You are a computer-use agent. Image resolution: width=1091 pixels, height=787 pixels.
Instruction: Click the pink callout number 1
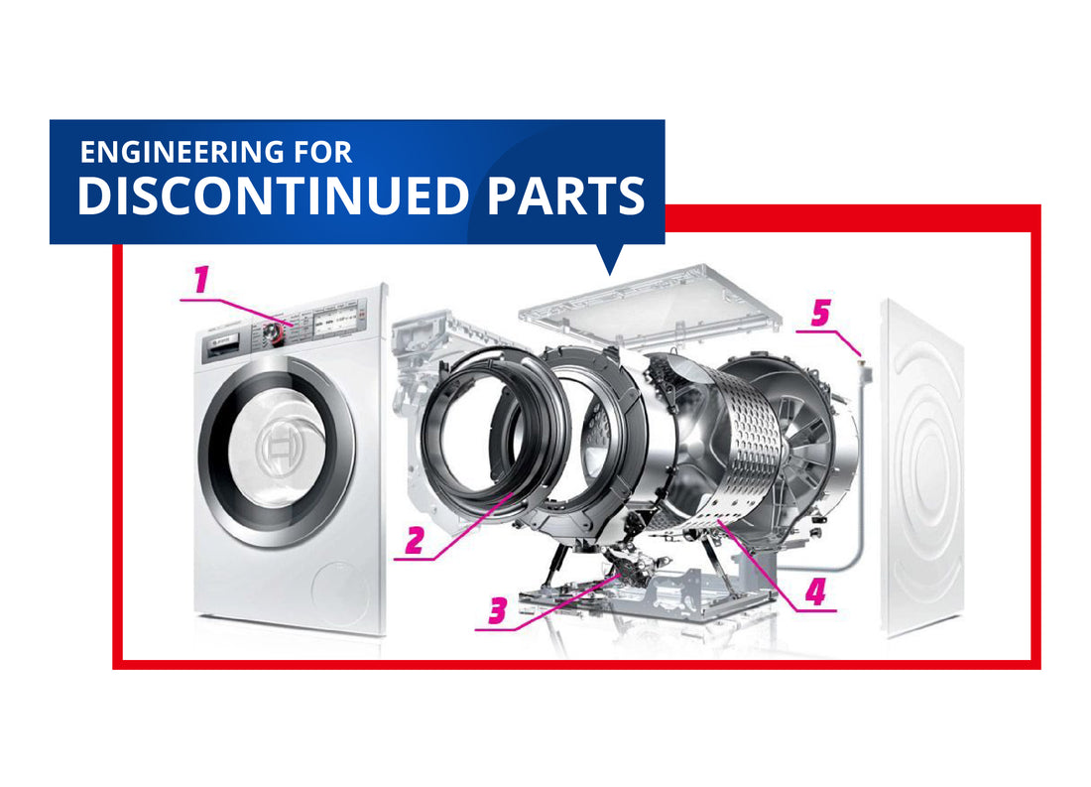click(x=202, y=280)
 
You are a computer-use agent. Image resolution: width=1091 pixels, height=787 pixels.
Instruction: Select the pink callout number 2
click(x=415, y=540)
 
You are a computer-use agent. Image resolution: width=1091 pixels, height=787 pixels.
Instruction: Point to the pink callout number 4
click(x=814, y=591)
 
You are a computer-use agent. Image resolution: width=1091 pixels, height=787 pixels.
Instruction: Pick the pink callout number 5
click(x=820, y=314)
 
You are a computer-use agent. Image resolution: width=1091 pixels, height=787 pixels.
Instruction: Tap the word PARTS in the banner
click(x=565, y=197)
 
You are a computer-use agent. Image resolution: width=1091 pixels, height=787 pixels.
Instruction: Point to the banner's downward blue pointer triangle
click(x=610, y=260)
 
